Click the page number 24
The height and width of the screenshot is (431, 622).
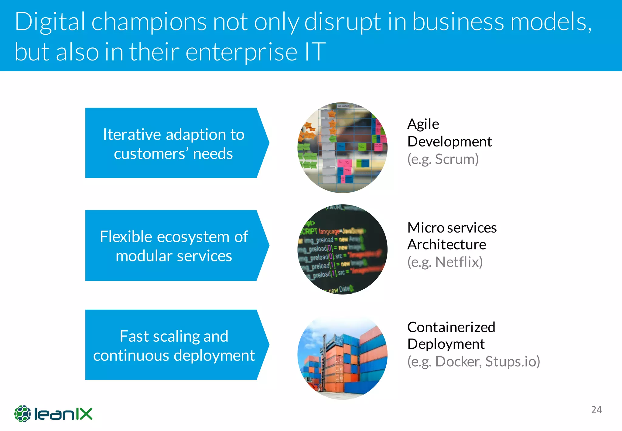pyautogui.click(x=596, y=410)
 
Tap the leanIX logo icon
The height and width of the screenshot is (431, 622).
pyautogui.click(x=22, y=414)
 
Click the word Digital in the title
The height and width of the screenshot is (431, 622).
pyautogui.click(x=50, y=22)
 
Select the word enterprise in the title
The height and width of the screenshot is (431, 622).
pyautogui.click(x=241, y=52)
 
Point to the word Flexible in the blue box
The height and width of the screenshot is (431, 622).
pyautogui.click(x=126, y=236)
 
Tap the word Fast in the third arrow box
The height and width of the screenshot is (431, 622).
pyautogui.click(x=133, y=336)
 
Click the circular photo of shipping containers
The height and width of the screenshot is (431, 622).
pyautogui.click(x=342, y=358)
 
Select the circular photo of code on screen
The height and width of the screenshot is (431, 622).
pyautogui.click(x=342, y=249)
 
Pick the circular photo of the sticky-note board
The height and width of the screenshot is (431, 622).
pyautogui.click(x=342, y=147)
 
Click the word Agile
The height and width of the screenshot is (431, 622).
pyautogui.click(x=423, y=124)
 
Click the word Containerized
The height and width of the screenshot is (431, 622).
pyautogui.click(x=451, y=327)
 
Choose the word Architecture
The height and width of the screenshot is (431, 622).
pyautogui.click(x=446, y=245)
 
